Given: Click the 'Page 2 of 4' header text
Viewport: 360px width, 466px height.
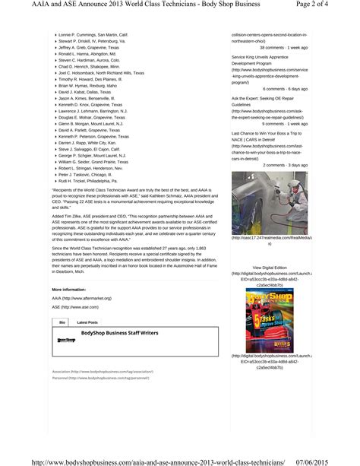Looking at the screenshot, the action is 328,5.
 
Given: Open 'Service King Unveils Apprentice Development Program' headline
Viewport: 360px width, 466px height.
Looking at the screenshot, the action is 264,60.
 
